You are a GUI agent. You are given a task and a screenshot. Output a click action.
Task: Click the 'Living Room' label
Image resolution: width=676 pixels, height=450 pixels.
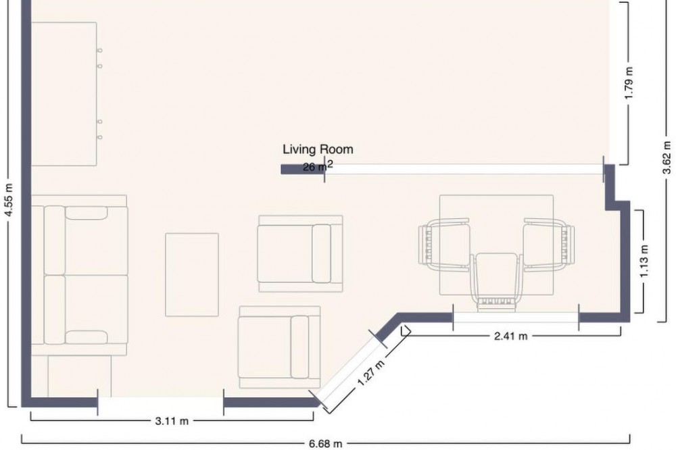pos(318,149)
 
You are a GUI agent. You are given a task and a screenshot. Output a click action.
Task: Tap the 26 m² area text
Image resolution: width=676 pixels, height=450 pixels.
pos(318,166)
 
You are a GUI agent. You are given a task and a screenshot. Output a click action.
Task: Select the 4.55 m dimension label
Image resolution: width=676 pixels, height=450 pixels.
pos(9,199)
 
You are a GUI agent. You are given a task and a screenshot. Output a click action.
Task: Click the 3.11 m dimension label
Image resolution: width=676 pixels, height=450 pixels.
pos(172,421)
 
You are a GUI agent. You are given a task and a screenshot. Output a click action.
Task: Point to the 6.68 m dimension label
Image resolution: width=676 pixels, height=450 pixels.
pos(326,443)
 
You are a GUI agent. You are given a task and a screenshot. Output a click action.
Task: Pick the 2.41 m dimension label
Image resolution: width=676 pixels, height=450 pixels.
pos(510,336)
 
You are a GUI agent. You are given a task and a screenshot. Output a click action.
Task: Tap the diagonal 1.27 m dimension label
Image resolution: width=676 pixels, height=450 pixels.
pos(370,373)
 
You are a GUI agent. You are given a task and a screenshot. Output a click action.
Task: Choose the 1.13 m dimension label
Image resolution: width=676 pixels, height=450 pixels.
pos(644,261)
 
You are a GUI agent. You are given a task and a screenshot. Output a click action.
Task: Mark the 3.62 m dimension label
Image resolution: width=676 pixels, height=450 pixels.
pos(667,157)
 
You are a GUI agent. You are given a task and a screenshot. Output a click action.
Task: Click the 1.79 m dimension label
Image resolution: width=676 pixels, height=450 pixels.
pos(629,82)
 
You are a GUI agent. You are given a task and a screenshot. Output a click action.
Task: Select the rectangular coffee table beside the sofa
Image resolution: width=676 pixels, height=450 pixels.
pos(192,274)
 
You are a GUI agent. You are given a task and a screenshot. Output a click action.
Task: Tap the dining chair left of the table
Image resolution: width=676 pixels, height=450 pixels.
pos(444,245)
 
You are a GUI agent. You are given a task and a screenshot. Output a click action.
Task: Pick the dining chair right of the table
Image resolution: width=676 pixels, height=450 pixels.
pos(548,245)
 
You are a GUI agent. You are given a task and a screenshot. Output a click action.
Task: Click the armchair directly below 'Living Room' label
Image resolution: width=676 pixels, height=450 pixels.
pos(301,253)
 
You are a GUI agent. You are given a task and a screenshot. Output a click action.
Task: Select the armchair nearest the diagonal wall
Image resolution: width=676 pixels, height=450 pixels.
pos(280,347)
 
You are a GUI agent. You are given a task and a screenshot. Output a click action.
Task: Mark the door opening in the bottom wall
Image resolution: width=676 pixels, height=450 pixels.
pos(160,403)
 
